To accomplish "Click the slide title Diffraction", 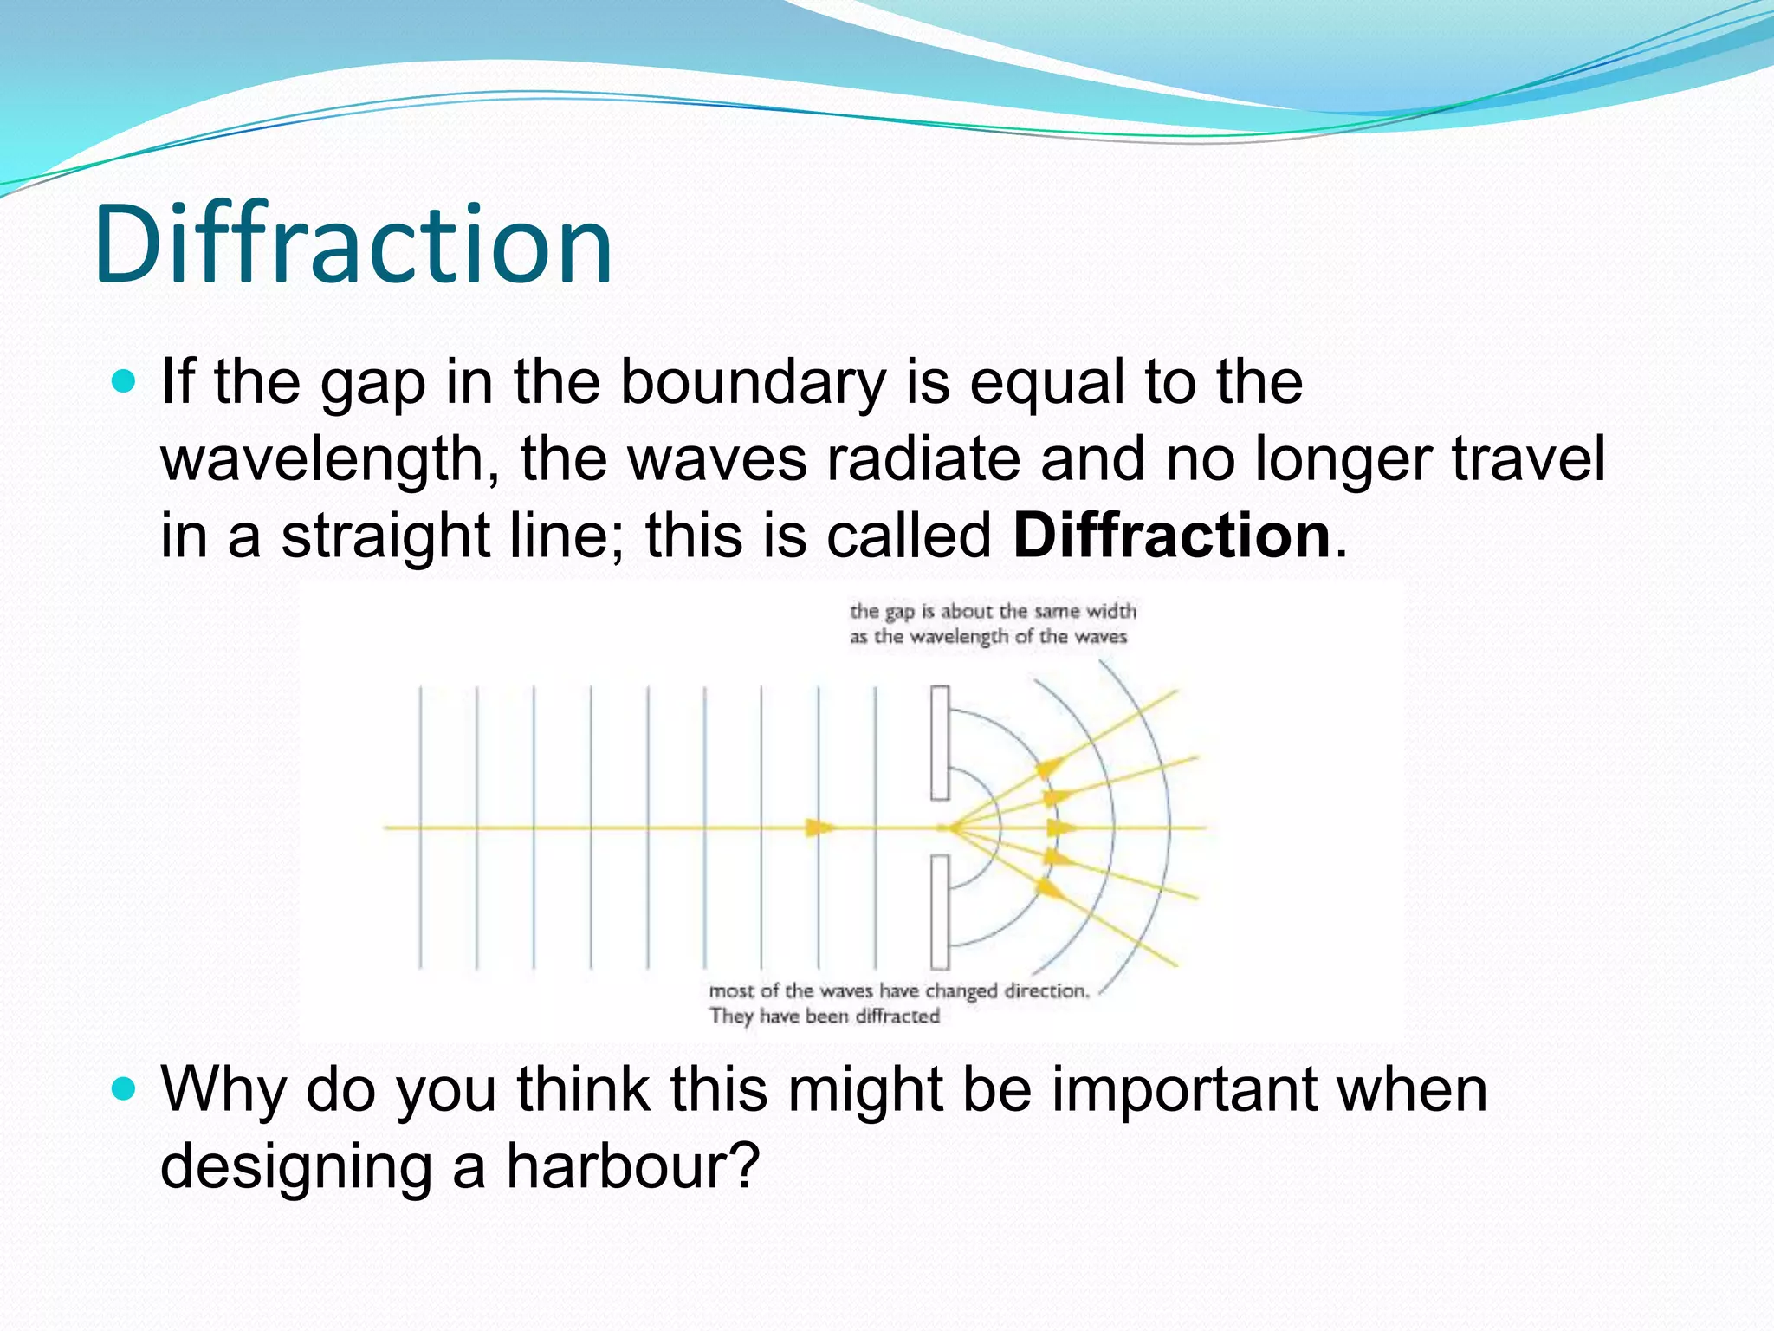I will coord(353,244).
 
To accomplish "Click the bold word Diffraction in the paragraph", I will coord(1171,536).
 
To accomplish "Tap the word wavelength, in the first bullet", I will coord(329,459).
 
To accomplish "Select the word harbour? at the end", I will coord(632,1165).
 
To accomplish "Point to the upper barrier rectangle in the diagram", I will coord(940,742).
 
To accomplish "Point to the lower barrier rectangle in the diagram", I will coord(940,912).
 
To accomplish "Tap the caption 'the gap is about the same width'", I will coord(993,611).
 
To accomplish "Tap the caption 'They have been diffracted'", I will coord(824,1016).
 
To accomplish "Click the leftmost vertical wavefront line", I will coord(420,828).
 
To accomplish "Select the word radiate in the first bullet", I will coord(923,459).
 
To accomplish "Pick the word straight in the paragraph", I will coord(385,536).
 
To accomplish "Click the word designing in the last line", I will coord(296,1165).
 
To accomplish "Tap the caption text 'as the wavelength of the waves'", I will coord(987,637).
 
